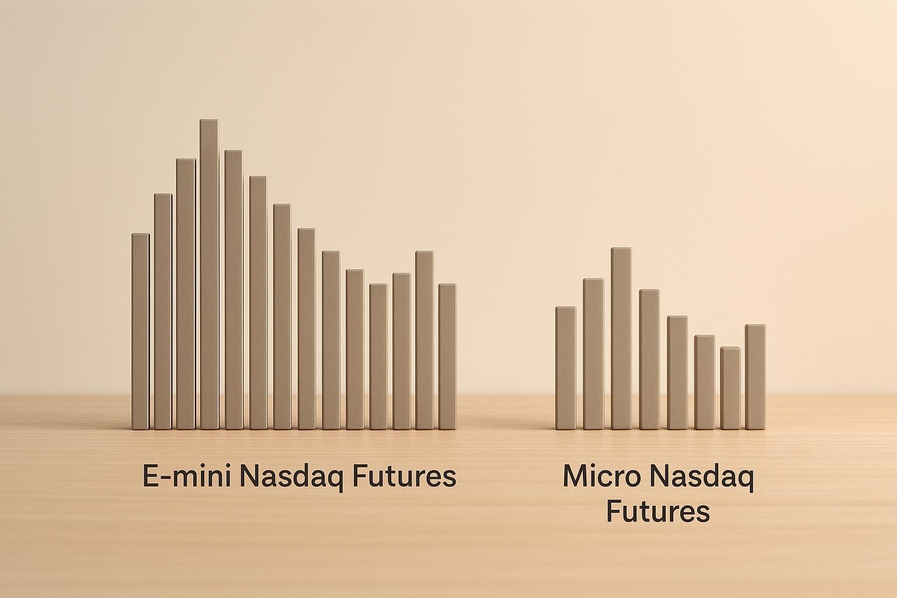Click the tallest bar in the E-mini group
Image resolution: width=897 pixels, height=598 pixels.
(x=209, y=274)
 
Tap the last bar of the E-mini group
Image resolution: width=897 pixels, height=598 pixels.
(x=447, y=357)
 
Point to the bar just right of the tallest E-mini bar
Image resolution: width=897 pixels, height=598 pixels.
(x=234, y=290)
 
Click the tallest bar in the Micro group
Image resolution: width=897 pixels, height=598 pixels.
(x=621, y=339)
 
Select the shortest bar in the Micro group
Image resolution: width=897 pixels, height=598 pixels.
(x=731, y=388)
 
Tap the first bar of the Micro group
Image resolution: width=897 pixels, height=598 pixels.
(x=565, y=368)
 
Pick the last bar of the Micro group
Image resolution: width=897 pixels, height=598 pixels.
(x=755, y=377)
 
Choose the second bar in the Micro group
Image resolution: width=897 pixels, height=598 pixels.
(x=593, y=354)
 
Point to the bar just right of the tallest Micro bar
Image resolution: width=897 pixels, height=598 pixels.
(x=649, y=359)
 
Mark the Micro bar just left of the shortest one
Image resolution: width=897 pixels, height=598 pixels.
(x=704, y=383)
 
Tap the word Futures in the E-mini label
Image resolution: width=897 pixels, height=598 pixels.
(x=397, y=477)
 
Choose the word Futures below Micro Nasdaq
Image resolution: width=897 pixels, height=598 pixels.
(x=658, y=512)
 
